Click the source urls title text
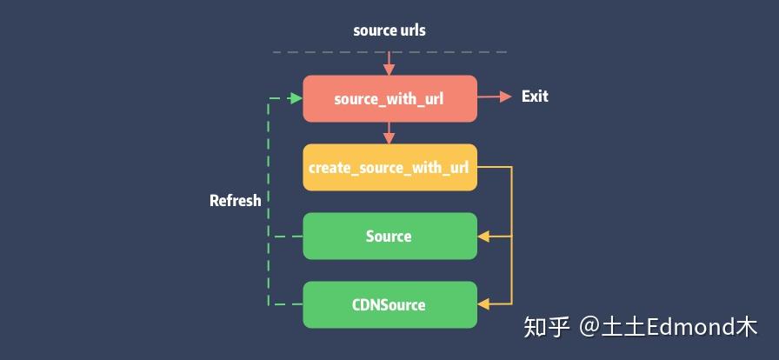389,30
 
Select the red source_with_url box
389,98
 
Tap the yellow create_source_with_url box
389,167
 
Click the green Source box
389,236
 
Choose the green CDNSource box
389,304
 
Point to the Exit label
535,97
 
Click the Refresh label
235,201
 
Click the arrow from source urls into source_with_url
389,64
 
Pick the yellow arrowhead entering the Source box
483,236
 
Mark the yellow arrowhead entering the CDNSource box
483,304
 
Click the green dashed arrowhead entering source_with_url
296,98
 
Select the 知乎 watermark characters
546,328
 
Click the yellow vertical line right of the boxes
512,235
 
